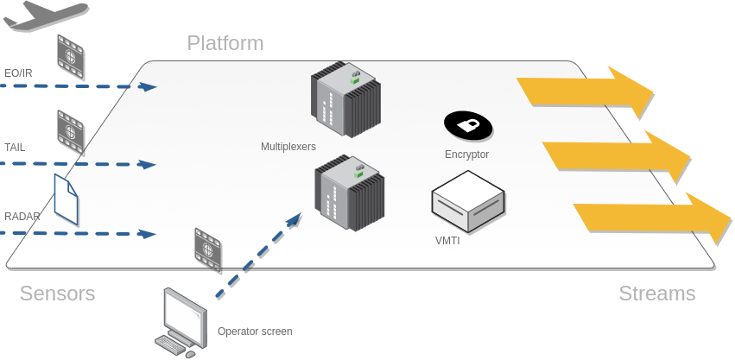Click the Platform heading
(x=225, y=43)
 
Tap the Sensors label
(x=57, y=294)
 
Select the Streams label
(x=656, y=294)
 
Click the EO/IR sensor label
(x=18, y=73)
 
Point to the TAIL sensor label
(x=16, y=148)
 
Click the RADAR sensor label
(x=22, y=216)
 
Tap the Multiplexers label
(x=288, y=147)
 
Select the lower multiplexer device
(x=348, y=193)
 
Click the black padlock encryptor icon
(x=468, y=126)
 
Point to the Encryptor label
(x=466, y=155)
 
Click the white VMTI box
(x=467, y=201)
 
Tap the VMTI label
(x=447, y=241)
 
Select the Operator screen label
(x=255, y=332)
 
